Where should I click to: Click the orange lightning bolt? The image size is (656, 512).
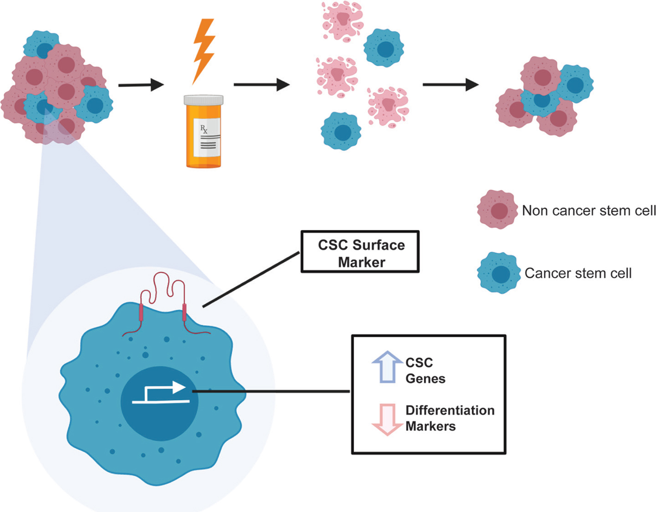204,49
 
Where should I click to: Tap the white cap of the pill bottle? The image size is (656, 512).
204,100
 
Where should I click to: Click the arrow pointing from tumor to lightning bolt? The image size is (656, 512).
141,85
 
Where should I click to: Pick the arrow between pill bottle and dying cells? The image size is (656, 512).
261,85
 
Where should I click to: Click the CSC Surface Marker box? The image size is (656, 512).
360,252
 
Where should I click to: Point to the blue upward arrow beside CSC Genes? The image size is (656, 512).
387,367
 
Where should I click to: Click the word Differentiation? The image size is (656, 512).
450,411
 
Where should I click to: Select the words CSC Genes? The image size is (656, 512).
425,371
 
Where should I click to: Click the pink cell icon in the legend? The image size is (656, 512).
498,210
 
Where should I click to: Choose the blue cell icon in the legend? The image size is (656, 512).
498,273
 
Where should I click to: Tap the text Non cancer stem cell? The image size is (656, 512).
589,211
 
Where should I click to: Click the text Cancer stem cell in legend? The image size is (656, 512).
578,273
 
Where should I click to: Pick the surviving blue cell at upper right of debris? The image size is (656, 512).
384,48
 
